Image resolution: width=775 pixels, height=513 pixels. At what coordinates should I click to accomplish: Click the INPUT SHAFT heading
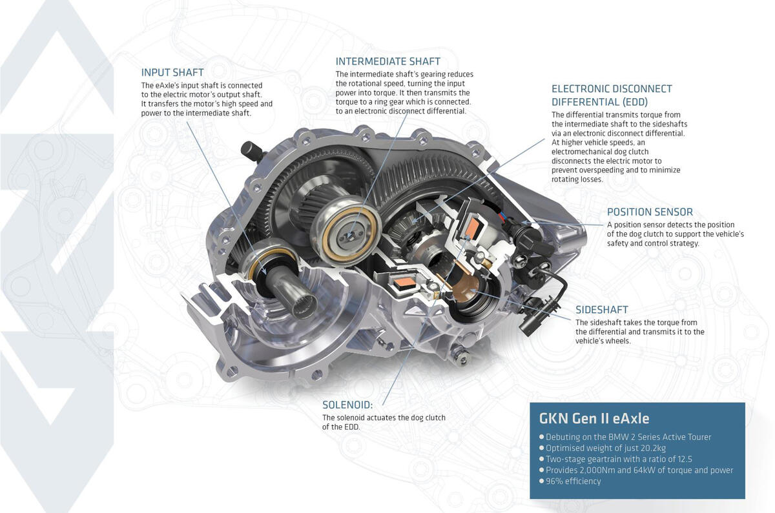click(172, 72)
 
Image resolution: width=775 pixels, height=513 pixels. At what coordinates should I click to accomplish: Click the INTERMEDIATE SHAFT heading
click(387, 61)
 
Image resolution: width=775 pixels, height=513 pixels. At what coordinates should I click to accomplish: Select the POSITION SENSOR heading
click(650, 212)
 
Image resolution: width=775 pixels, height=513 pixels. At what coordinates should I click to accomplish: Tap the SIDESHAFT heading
click(601, 310)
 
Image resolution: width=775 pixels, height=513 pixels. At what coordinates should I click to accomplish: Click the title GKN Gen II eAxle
click(594, 417)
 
